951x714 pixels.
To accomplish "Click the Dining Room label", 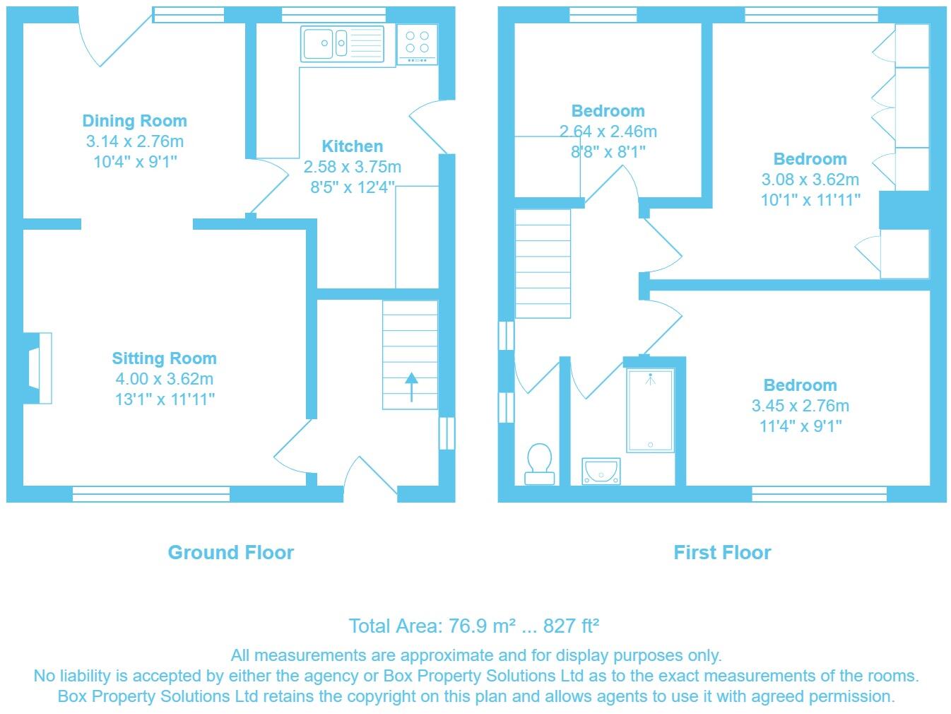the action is click(x=135, y=120).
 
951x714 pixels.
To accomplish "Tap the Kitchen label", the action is click(x=353, y=146).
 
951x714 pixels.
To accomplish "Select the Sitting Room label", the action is click(x=164, y=358).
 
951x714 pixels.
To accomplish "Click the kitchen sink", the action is click(x=342, y=44).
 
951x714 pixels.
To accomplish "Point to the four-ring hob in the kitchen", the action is click(x=417, y=45).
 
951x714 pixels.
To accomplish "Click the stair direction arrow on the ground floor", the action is click(x=411, y=387).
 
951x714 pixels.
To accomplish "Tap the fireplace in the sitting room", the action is click(x=37, y=368).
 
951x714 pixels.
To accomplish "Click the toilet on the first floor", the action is click(x=539, y=464).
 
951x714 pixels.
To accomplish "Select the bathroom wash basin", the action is click(x=601, y=471).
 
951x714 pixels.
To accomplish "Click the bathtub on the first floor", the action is click(x=650, y=410).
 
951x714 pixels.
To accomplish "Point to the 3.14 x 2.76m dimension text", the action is click(x=135, y=141).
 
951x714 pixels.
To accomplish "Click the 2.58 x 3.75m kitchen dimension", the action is click(x=353, y=167).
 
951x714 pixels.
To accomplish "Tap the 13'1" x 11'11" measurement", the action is click(x=165, y=399).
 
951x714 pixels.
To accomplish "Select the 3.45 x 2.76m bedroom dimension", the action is click(x=801, y=406).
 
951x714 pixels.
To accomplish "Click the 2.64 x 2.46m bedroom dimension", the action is click(x=608, y=131).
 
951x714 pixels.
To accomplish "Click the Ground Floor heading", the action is click(x=231, y=553).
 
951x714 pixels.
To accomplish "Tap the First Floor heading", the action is click(x=722, y=553).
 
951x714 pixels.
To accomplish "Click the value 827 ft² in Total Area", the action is click(x=571, y=626).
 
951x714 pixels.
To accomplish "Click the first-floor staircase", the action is click(x=543, y=264).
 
